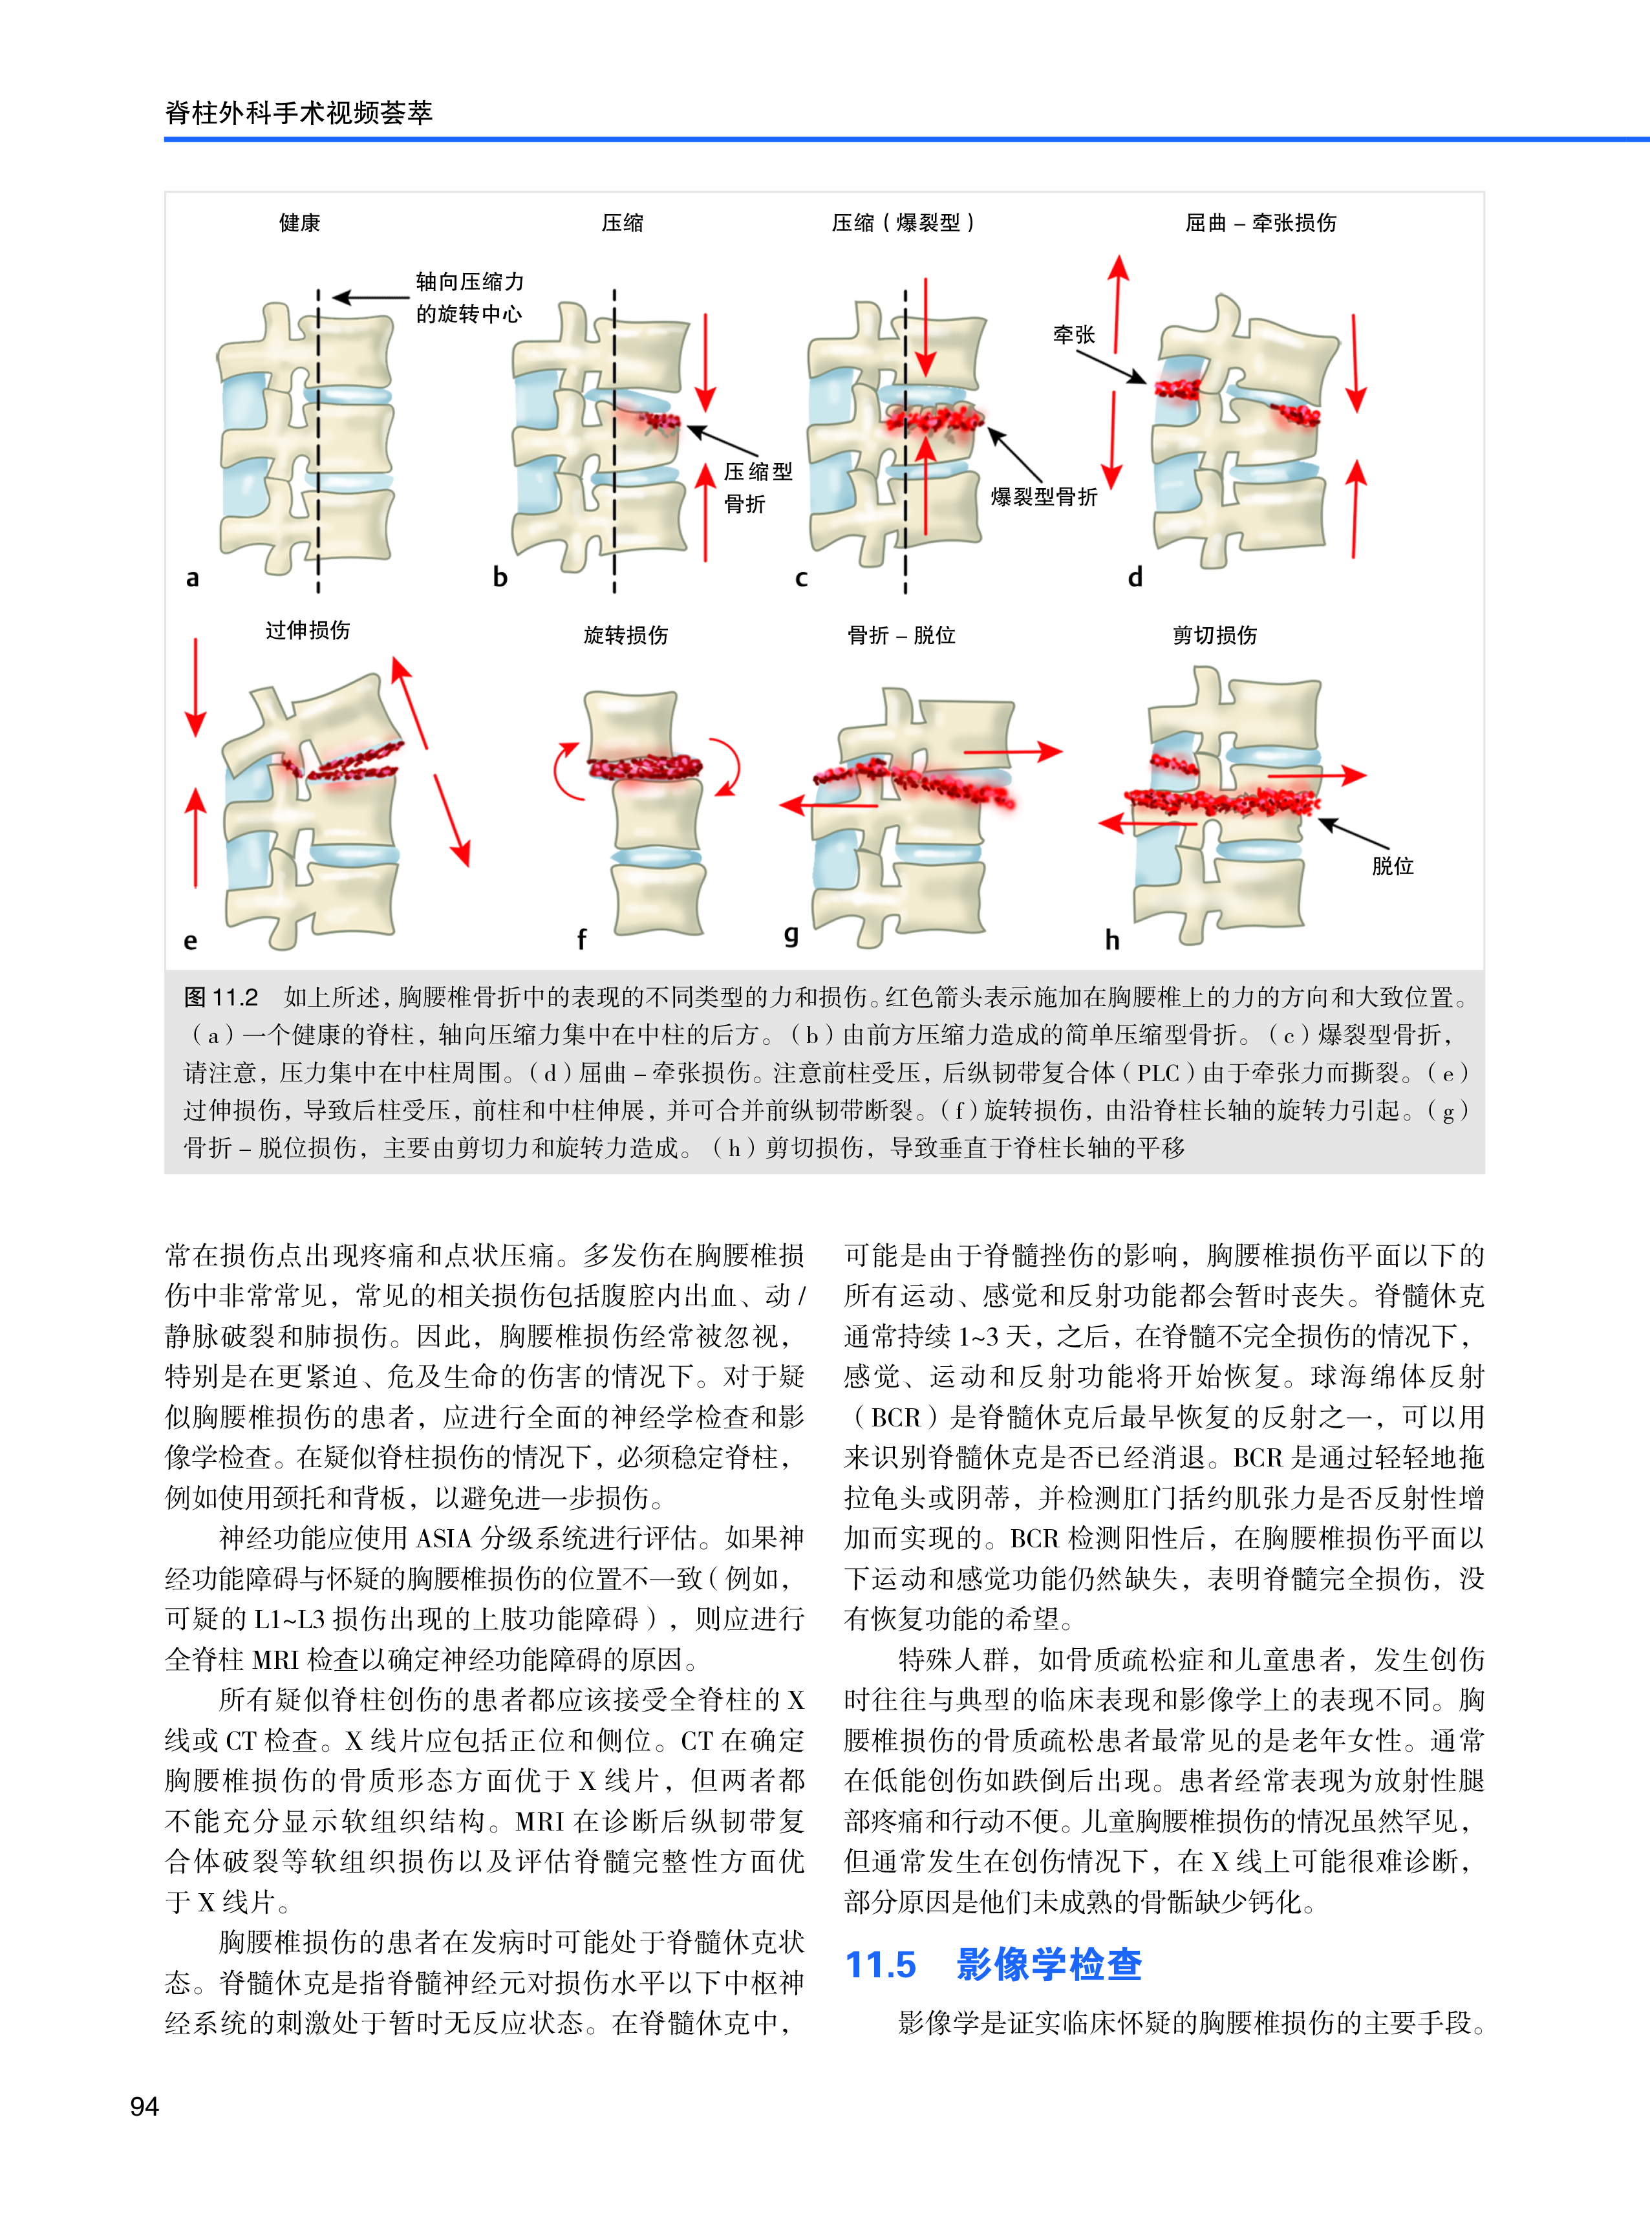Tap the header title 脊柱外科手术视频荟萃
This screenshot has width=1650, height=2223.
click(299, 112)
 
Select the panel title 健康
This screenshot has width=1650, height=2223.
click(299, 222)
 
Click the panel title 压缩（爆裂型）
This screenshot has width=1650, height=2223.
click(903, 222)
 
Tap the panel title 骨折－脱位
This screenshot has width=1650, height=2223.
click(901, 635)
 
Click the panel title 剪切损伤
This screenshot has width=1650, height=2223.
click(1214, 635)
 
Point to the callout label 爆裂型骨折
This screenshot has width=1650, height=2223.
click(1044, 497)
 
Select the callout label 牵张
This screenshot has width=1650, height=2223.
click(1074, 334)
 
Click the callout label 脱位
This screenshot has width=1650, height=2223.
click(1392, 866)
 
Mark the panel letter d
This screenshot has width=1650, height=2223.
click(1135, 577)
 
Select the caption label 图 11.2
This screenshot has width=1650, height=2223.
click(220, 996)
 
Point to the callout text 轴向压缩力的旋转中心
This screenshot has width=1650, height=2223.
click(469, 297)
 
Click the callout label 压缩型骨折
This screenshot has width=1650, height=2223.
click(757, 488)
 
